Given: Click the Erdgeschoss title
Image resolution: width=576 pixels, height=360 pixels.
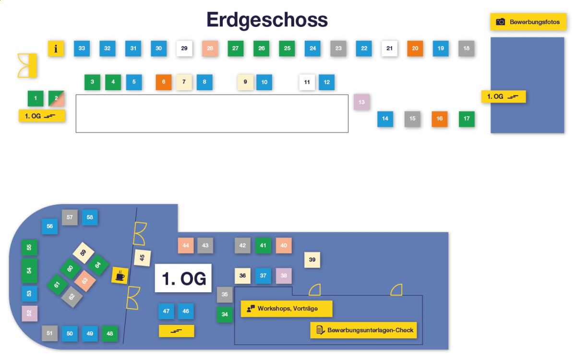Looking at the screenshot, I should click(267, 20).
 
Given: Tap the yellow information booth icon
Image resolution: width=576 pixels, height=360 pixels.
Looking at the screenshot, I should click(56, 48).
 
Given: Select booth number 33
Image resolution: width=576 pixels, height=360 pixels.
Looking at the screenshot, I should click(82, 48).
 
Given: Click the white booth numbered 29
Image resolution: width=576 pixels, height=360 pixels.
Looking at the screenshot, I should click(184, 48).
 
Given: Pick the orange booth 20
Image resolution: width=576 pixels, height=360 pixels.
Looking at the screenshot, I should click(415, 48).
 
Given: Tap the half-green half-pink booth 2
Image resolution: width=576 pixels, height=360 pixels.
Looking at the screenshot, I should click(56, 98).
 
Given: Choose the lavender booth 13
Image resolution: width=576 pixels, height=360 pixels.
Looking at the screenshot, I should click(361, 102).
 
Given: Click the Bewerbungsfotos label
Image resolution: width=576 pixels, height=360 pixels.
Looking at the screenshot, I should click(535, 22).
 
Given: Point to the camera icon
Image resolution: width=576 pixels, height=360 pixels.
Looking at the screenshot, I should click(501, 22).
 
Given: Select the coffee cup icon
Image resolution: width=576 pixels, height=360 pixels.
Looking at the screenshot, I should click(120, 276).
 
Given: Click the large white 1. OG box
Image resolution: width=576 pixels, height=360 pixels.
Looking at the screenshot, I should click(183, 278).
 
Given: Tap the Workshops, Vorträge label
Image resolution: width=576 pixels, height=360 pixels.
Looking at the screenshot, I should click(287, 309).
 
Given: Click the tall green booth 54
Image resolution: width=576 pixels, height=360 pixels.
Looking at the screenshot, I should click(29, 271).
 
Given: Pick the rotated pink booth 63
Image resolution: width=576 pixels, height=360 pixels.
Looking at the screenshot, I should click(85, 281).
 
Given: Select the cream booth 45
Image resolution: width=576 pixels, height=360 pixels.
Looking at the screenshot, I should click(143, 258).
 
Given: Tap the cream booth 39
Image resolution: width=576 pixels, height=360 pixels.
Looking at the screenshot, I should click(312, 260).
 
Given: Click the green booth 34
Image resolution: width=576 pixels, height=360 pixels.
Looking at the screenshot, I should click(225, 315).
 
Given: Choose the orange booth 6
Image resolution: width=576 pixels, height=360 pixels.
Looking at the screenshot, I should click(164, 82).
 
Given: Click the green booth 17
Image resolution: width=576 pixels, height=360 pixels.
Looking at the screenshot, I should click(467, 119).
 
